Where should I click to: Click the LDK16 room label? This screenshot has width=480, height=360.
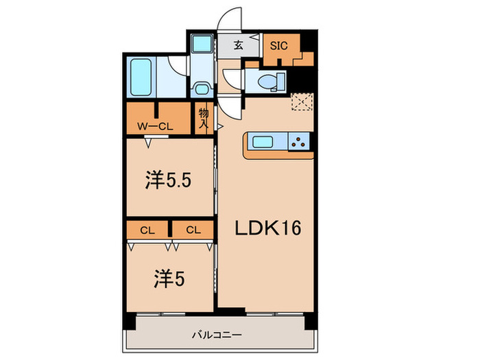click(269, 228)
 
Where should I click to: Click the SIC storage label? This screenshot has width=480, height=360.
click(278, 47)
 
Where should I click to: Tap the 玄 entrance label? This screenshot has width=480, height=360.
click(237, 47)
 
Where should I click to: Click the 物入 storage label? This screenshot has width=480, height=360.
click(204, 120)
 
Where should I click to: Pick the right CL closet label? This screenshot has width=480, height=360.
click(192, 230)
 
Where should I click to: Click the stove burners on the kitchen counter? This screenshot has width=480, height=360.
click(300, 142)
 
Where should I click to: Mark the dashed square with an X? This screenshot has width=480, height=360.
click(301, 101)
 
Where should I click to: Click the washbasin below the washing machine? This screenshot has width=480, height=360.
click(202, 88)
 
